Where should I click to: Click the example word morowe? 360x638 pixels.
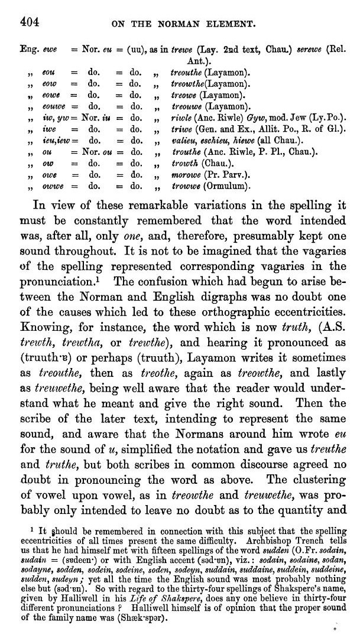(x=184, y=175)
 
